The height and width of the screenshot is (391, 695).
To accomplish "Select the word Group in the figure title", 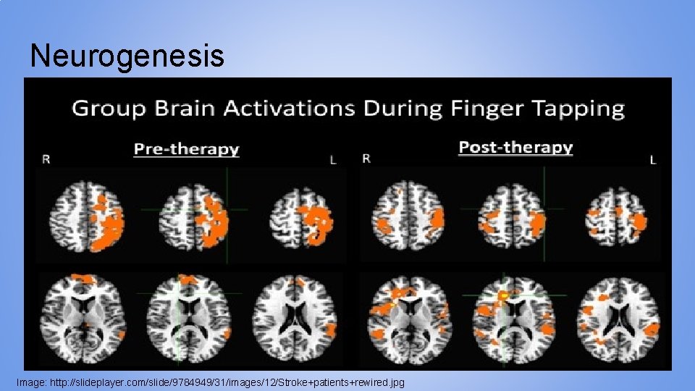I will point(108,109).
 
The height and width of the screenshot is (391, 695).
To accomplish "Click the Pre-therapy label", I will point(186,149).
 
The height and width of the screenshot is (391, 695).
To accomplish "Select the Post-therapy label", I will point(515,148).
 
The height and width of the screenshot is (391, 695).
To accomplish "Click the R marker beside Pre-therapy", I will point(46,159).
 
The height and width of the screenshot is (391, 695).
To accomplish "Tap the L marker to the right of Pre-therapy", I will point(333,159).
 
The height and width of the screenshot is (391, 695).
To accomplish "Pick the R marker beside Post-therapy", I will point(366,158).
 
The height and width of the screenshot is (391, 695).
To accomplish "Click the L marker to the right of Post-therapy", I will point(652,159).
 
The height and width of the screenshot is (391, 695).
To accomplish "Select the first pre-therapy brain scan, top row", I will point(85,215).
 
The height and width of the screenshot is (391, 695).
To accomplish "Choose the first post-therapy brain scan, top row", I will point(407,215).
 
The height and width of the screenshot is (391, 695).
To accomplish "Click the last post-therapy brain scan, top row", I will point(616,215).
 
